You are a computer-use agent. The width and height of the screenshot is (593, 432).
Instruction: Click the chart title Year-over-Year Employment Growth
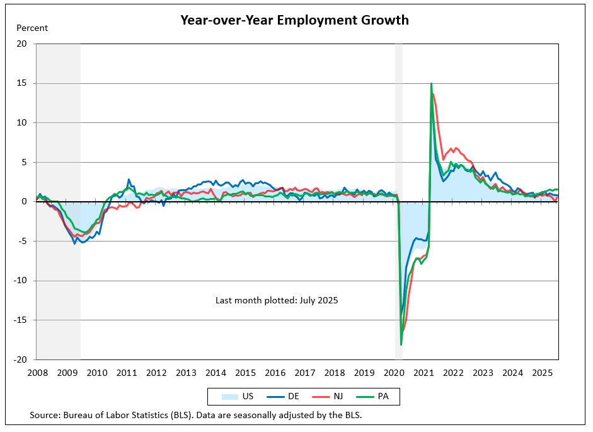(x=294, y=20)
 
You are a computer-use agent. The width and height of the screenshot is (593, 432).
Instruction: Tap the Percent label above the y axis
(x=32, y=28)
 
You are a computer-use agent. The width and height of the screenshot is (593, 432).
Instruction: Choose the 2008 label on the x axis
(x=38, y=373)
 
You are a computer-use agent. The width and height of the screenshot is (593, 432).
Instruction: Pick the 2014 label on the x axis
(x=216, y=373)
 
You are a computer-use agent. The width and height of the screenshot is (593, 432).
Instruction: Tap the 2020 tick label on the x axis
(x=394, y=373)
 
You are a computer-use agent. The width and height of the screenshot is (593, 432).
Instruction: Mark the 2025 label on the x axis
(x=543, y=373)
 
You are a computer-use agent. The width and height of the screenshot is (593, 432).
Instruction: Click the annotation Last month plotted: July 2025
(x=277, y=301)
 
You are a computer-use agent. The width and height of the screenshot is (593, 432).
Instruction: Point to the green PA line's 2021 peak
(x=431, y=83)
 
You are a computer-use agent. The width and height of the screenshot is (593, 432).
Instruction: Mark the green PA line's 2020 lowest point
(x=401, y=344)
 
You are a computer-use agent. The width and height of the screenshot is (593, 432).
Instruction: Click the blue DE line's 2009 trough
(x=75, y=243)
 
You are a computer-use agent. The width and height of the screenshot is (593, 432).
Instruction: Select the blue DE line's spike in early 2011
(x=129, y=180)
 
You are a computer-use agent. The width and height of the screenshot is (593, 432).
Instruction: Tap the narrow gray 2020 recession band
(x=398, y=126)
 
